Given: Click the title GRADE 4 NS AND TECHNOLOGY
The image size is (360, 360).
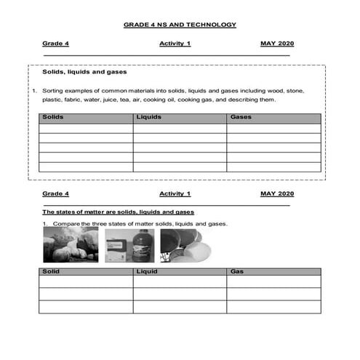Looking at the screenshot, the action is click(x=180, y=25).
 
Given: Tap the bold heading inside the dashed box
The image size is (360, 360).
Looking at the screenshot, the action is click(x=85, y=72).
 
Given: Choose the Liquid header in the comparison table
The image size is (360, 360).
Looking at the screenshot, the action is click(x=147, y=271).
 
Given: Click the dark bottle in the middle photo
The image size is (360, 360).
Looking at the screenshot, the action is click(x=143, y=246).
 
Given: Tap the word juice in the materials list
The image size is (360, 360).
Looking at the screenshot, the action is click(x=121, y=100).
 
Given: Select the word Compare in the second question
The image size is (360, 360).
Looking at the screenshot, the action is click(x=60, y=223).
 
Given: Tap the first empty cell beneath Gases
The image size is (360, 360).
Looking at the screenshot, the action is click(x=273, y=128).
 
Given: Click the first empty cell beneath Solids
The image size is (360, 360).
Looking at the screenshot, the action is click(x=86, y=128).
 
